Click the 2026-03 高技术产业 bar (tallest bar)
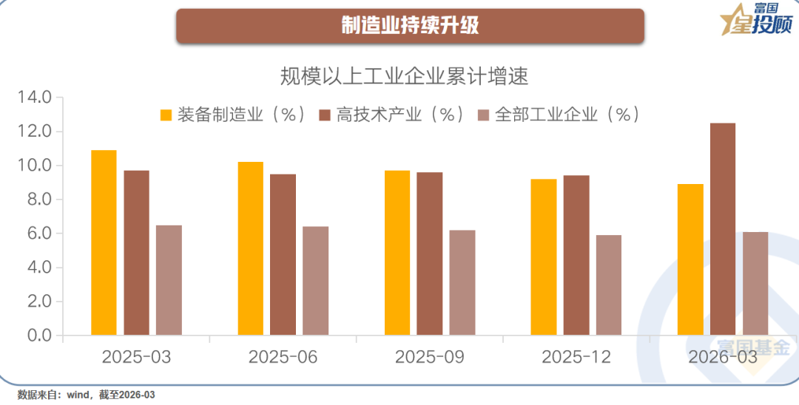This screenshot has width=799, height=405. pos(723,229)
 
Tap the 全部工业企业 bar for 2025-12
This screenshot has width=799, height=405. pos(609,285)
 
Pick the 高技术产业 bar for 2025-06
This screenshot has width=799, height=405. pos(283,254)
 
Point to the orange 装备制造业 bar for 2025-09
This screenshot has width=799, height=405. pos(397,253)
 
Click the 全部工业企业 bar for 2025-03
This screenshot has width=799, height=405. pos(169,280)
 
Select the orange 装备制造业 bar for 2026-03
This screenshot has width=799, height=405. pos(690,259)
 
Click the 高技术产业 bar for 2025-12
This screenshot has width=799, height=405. pos(576,255)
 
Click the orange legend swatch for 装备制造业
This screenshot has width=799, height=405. pos(166,115)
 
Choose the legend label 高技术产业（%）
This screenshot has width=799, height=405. pos(400,115)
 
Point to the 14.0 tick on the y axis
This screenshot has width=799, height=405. pos(35,98)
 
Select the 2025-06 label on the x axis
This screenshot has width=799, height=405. pos(283,357)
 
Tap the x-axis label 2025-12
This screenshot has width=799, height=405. pos(576,357)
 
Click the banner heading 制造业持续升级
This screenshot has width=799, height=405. pos(410,26)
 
